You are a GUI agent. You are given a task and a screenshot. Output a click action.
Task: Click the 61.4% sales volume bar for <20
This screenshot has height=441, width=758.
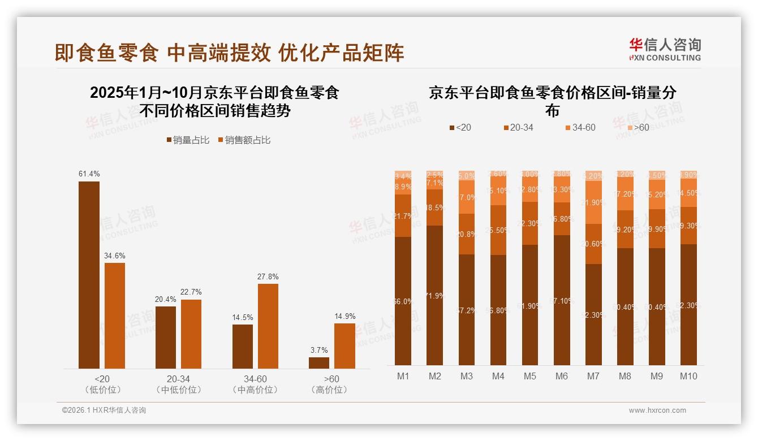(x=89, y=275)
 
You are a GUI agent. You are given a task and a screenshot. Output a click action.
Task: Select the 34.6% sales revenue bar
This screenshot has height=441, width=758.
(x=115, y=315)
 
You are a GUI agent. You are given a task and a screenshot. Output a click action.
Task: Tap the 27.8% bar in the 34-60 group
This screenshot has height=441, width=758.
(x=268, y=326)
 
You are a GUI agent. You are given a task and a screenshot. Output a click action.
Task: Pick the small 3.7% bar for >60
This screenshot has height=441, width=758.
(x=319, y=363)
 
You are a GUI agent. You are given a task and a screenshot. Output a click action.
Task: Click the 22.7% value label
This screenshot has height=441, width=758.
(x=191, y=292)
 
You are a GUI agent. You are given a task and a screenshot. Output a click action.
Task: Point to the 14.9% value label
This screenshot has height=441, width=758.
(x=344, y=316)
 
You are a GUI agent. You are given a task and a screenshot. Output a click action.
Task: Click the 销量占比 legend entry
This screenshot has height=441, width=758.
(x=190, y=140)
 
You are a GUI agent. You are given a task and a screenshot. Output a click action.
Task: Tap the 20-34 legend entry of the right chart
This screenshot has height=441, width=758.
(x=518, y=128)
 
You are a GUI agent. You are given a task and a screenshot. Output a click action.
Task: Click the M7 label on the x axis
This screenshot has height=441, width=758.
(x=593, y=377)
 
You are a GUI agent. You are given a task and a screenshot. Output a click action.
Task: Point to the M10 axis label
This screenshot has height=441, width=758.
(x=688, y=377)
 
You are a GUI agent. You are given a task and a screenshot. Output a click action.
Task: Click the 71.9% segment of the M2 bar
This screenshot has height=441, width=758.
(x=434, y=295)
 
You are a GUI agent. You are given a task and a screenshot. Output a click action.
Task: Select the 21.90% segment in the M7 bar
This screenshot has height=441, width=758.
(x=593, y=202)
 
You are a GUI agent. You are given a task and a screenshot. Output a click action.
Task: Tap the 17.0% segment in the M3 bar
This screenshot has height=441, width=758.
(x=467, y=197)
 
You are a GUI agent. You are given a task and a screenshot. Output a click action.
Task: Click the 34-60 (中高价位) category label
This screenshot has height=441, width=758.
(x=255, y=384)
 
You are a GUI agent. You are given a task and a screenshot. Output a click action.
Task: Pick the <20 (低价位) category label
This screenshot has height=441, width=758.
(x=102, y=384)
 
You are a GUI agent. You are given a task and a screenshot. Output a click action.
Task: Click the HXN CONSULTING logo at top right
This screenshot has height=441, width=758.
(x=665, y=50)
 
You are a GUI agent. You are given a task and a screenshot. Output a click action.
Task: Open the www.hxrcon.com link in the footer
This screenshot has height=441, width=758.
(x=657, y=410)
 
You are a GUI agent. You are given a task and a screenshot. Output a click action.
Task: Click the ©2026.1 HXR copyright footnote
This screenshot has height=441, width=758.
(x=104, y=410)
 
